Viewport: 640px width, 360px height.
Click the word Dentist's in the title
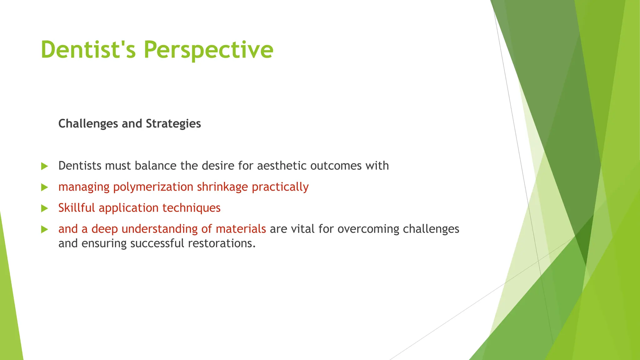pyautogui.click(x=88, y=50)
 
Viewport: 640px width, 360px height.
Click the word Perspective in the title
pyautogui.click(x=208, y=50)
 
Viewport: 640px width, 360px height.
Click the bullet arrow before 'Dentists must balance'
pyautogui.click(x=44, y=166)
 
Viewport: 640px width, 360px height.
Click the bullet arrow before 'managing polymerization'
pyautogui.click(x=44, y=187)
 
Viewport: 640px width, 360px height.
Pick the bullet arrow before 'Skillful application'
pyautogui.click(x=44, y=208)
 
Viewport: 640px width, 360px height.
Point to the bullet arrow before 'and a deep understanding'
pyautogui.click(x=44, y=230)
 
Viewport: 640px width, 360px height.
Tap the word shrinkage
pyautogui.click(x=222, y=187)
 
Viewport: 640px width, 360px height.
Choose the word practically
pyautogui.click(x=280, y=187)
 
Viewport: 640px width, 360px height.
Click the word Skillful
pyautogui.click(x=77, y=208)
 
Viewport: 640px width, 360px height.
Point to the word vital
pyautogui.click(x=303, y=229)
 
